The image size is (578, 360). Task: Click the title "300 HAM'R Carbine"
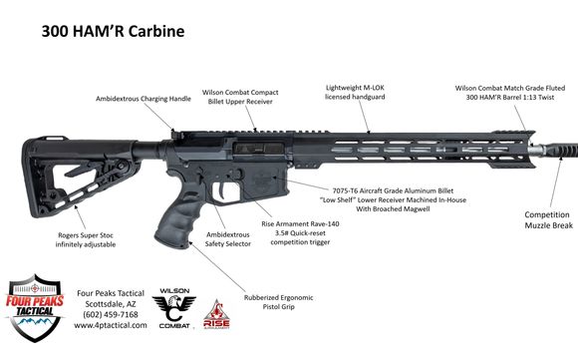(112, 29)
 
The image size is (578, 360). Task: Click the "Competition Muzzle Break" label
(547, 220)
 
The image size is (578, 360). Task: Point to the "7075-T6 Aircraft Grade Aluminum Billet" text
(392, 187)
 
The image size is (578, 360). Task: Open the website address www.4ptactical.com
(112, 325)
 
